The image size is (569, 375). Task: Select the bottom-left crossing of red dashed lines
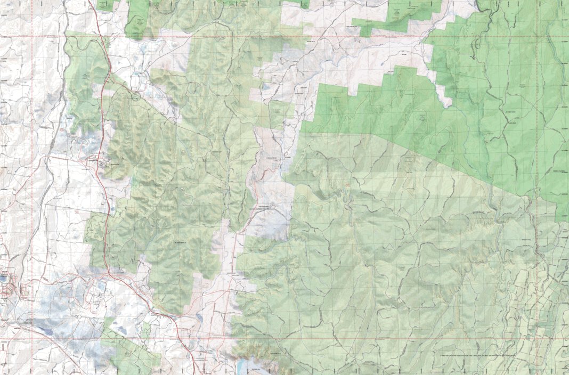pos(31,338)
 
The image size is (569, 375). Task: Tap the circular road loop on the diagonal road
pos(136,96)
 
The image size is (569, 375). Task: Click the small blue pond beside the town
pos(4,278)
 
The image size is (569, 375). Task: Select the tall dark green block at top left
pos(138,19)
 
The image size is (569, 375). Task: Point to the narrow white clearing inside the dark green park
pos(443,91)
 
